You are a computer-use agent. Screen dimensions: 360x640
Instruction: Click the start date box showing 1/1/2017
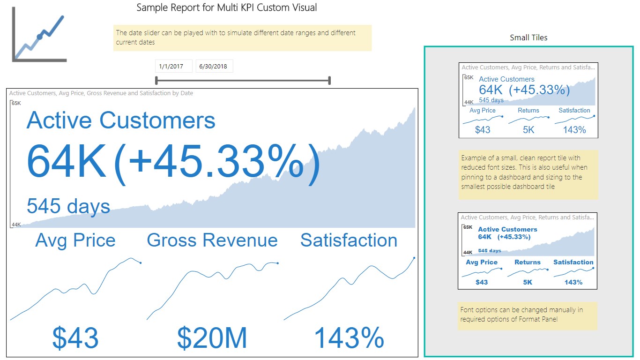click(x=173, y=66)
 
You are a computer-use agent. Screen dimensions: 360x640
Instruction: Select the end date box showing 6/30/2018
click(x=214, y=66)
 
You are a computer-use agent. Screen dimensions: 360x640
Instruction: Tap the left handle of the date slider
click(x=156, y=81)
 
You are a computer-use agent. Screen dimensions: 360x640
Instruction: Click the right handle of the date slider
click(x=330, y=81)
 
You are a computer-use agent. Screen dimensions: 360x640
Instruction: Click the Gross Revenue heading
click(x=212, y=240)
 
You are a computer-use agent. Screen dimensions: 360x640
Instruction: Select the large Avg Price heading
click(x=75, y=240)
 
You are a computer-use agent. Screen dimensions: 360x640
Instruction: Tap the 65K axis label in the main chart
click(x=16, y=103)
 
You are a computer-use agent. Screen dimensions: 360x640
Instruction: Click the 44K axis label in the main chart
click(x=16, y=225)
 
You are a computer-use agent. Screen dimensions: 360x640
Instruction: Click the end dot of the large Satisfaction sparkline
click(x=414, y=257)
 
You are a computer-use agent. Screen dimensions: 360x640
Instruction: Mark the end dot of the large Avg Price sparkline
click(x=141, y=262)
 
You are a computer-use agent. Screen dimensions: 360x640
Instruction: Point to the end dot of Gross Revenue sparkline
click(x=278, y=263)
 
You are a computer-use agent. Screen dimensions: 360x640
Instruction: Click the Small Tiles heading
click(x=528, y=37)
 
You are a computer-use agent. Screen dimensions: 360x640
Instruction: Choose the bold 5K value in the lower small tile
click(x=528, y=282)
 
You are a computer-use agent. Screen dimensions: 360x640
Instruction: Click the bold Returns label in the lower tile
click(x=528, y=262)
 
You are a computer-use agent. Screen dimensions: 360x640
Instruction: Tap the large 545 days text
click(x=68, y=206)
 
